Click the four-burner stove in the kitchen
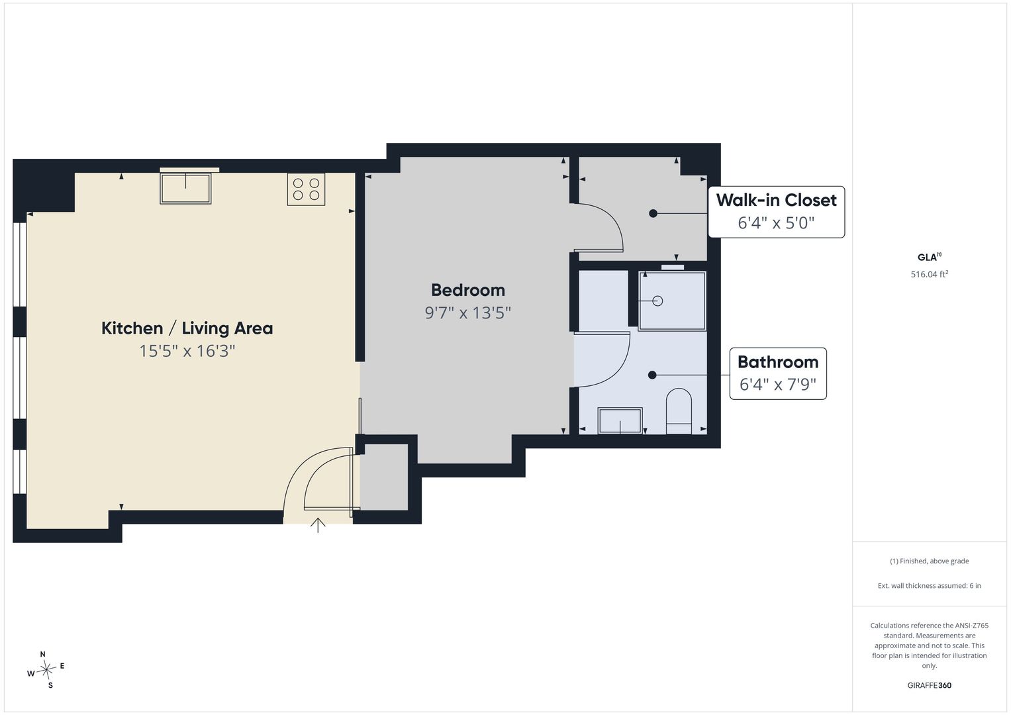[306, 189]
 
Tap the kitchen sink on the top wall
[185, 188]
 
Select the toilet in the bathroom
[679, 411]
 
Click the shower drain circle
[657, 301]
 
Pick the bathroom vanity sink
[620, 420]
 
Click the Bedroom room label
[468, 290]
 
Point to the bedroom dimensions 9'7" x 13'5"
[468, 312]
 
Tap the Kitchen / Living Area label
[187, 328]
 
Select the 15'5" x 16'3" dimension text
[187, 351]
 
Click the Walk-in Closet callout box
[777, 212]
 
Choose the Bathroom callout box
[778, 373]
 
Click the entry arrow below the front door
[318, 525]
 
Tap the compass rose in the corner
[46, 669]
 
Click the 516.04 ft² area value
[930, 274]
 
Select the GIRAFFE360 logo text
[930, 685]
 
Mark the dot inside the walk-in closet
[653, 213]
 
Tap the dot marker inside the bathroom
[652, 375]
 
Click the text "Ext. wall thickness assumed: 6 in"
[930, 585]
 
